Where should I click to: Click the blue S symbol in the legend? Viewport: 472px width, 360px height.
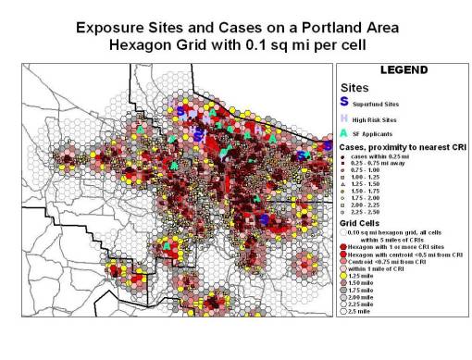coord(344,101)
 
